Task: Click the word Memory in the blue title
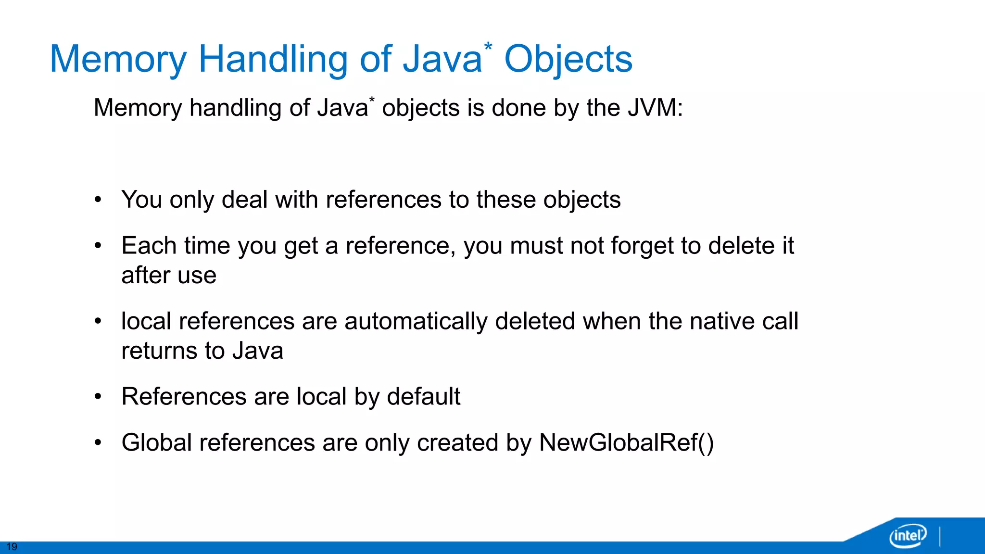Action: pos(118,60)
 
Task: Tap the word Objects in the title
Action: pos(568,60)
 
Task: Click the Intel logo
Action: pos(908,535)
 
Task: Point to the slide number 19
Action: pos(12,547)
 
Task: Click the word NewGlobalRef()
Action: pos(626,442)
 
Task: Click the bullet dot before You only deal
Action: pos(98,200)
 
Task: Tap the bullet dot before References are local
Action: pos(98,397)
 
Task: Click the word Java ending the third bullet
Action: pos(258,351)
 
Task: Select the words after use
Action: pos(169,276)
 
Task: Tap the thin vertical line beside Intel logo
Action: pos(940,537)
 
